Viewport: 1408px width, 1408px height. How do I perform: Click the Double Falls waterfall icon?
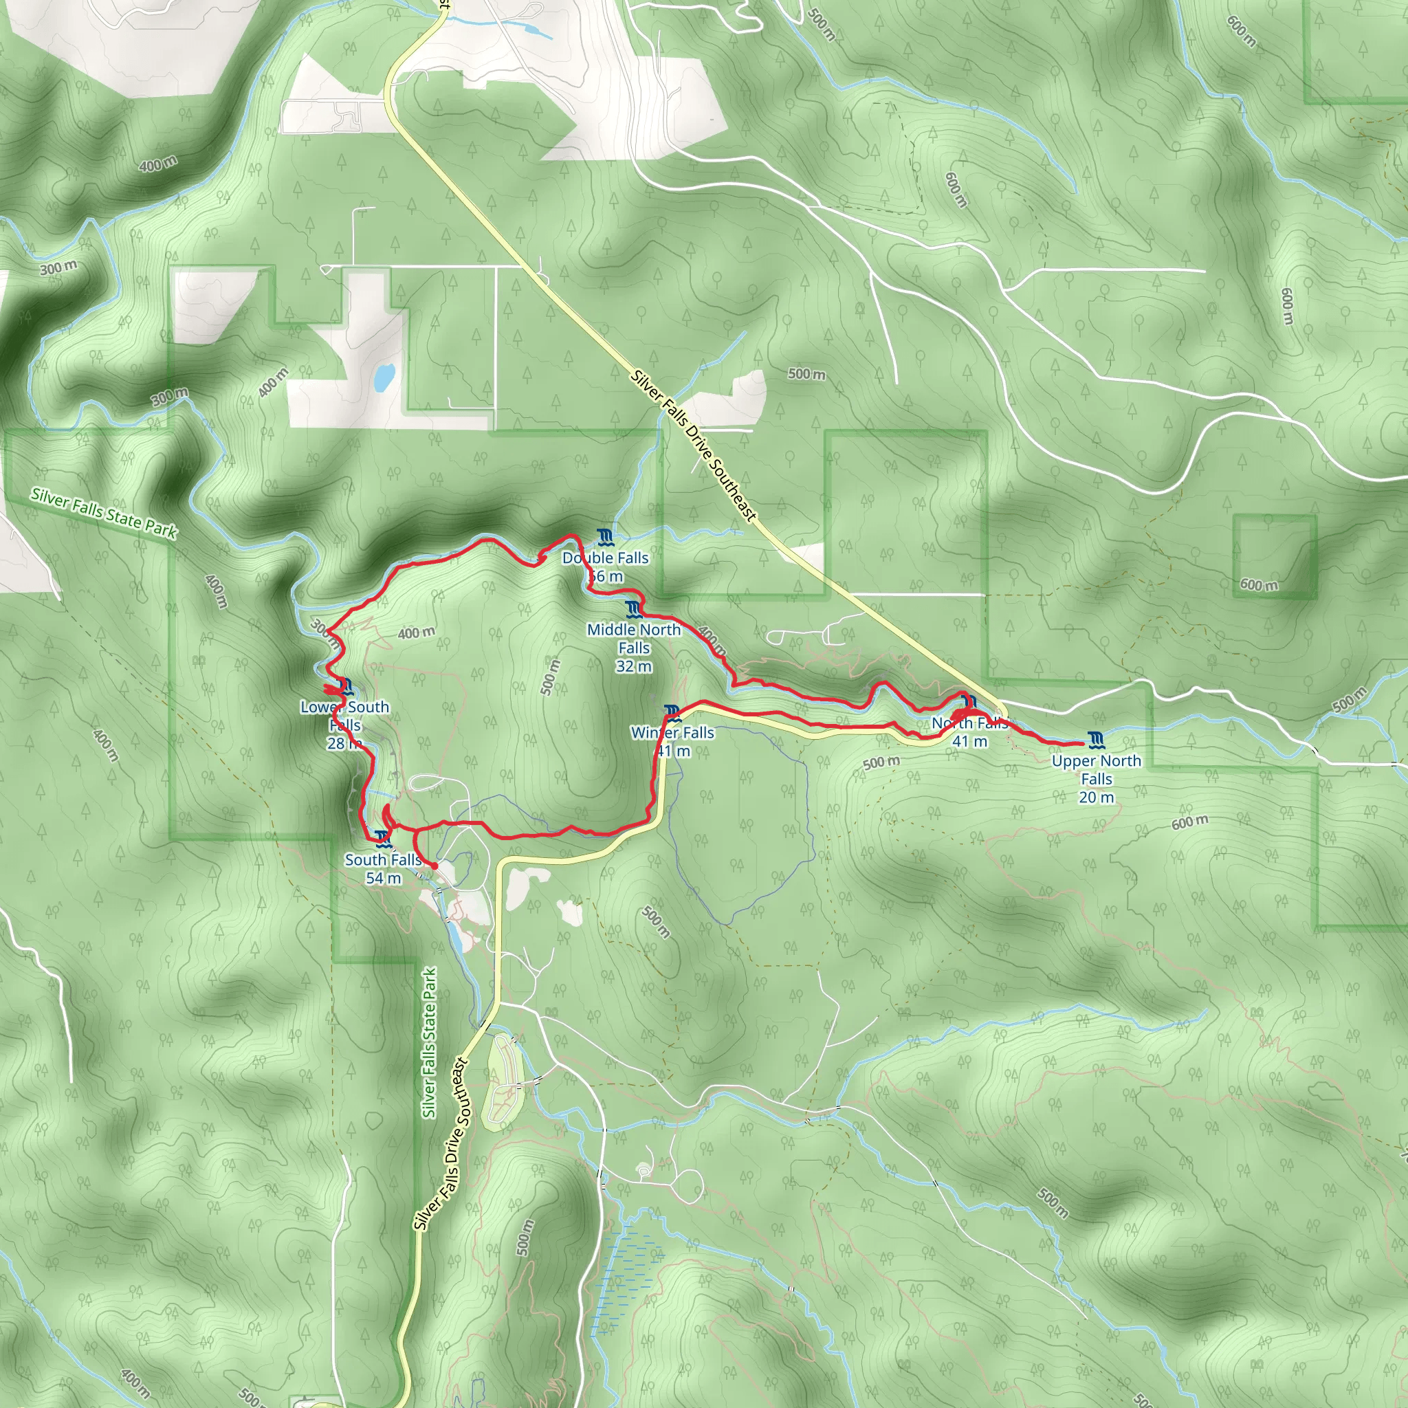[x=604, y=538]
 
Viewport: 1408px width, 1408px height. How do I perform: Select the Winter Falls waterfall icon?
[x=672, y=713]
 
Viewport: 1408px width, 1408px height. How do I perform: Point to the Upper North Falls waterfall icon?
[x=1096, y=741]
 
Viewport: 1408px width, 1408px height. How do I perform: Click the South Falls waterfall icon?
[x=383, y=839]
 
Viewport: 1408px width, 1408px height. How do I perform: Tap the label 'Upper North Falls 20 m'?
[x=1096, y=778]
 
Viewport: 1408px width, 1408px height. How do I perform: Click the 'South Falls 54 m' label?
[x=384, y=869]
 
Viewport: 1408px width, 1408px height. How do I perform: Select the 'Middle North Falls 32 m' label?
[x=634, y=647]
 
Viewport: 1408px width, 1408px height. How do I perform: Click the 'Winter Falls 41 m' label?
[x=672, y=741]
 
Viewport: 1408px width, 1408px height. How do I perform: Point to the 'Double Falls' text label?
[x=606, y=558]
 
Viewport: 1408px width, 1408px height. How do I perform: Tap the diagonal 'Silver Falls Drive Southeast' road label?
[x=693, y=447]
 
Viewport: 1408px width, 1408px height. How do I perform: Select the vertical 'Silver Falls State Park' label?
[x=429, y=1043]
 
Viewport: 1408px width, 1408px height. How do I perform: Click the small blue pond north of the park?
[x=384, y=376]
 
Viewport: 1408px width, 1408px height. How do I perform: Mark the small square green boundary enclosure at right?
[x=1274, y=557]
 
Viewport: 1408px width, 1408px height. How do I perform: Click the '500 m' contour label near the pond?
[x=806, y=374]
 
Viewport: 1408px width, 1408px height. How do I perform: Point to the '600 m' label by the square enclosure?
[x=1259, y=584]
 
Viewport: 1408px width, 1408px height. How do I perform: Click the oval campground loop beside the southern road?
[x=503, y=1079]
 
